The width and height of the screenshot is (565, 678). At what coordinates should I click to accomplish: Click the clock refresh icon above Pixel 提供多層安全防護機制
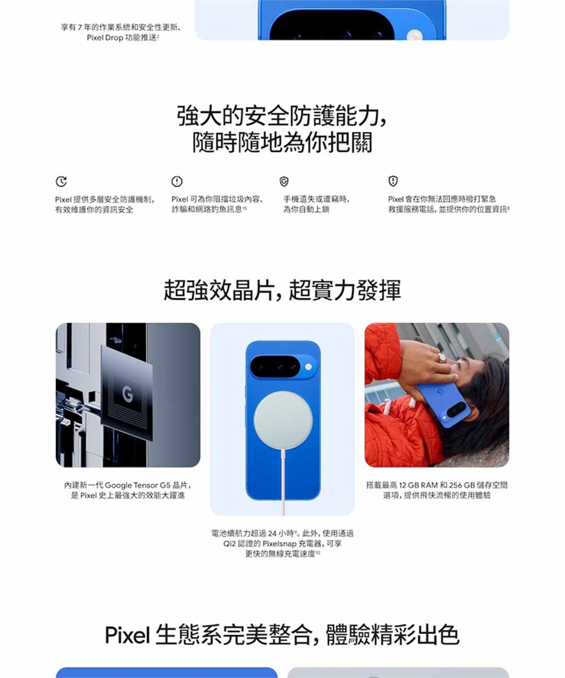[x=61, y=182]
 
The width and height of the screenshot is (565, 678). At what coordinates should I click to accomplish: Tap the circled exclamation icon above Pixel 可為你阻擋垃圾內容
[x=177, y=182]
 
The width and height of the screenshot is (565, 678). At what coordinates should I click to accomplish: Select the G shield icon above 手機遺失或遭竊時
[x=284, y=182]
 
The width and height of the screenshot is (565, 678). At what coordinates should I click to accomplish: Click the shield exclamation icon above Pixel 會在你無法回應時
[x=393, y=181]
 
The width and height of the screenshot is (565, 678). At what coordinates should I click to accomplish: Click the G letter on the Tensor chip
[x=127, y=394]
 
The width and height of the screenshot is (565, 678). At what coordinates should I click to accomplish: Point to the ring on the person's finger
[x=442, y=358]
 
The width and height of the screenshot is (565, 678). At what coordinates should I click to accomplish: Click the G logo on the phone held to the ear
[x=440, y=392]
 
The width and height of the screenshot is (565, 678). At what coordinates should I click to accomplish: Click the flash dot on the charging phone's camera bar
[x=308, y=367]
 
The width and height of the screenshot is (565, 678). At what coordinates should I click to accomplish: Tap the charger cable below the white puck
[x=284, y=482]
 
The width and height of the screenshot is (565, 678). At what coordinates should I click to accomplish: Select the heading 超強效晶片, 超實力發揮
[x=282, y=290]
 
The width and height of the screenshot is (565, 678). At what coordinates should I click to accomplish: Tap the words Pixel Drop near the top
[x=105, y=38]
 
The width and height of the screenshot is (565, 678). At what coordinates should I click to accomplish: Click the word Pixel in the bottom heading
[x=128, y=635]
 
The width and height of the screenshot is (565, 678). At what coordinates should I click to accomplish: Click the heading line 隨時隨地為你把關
[x=282, y=142]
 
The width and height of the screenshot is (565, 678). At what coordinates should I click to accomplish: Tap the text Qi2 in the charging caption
[x=229, y=544]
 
